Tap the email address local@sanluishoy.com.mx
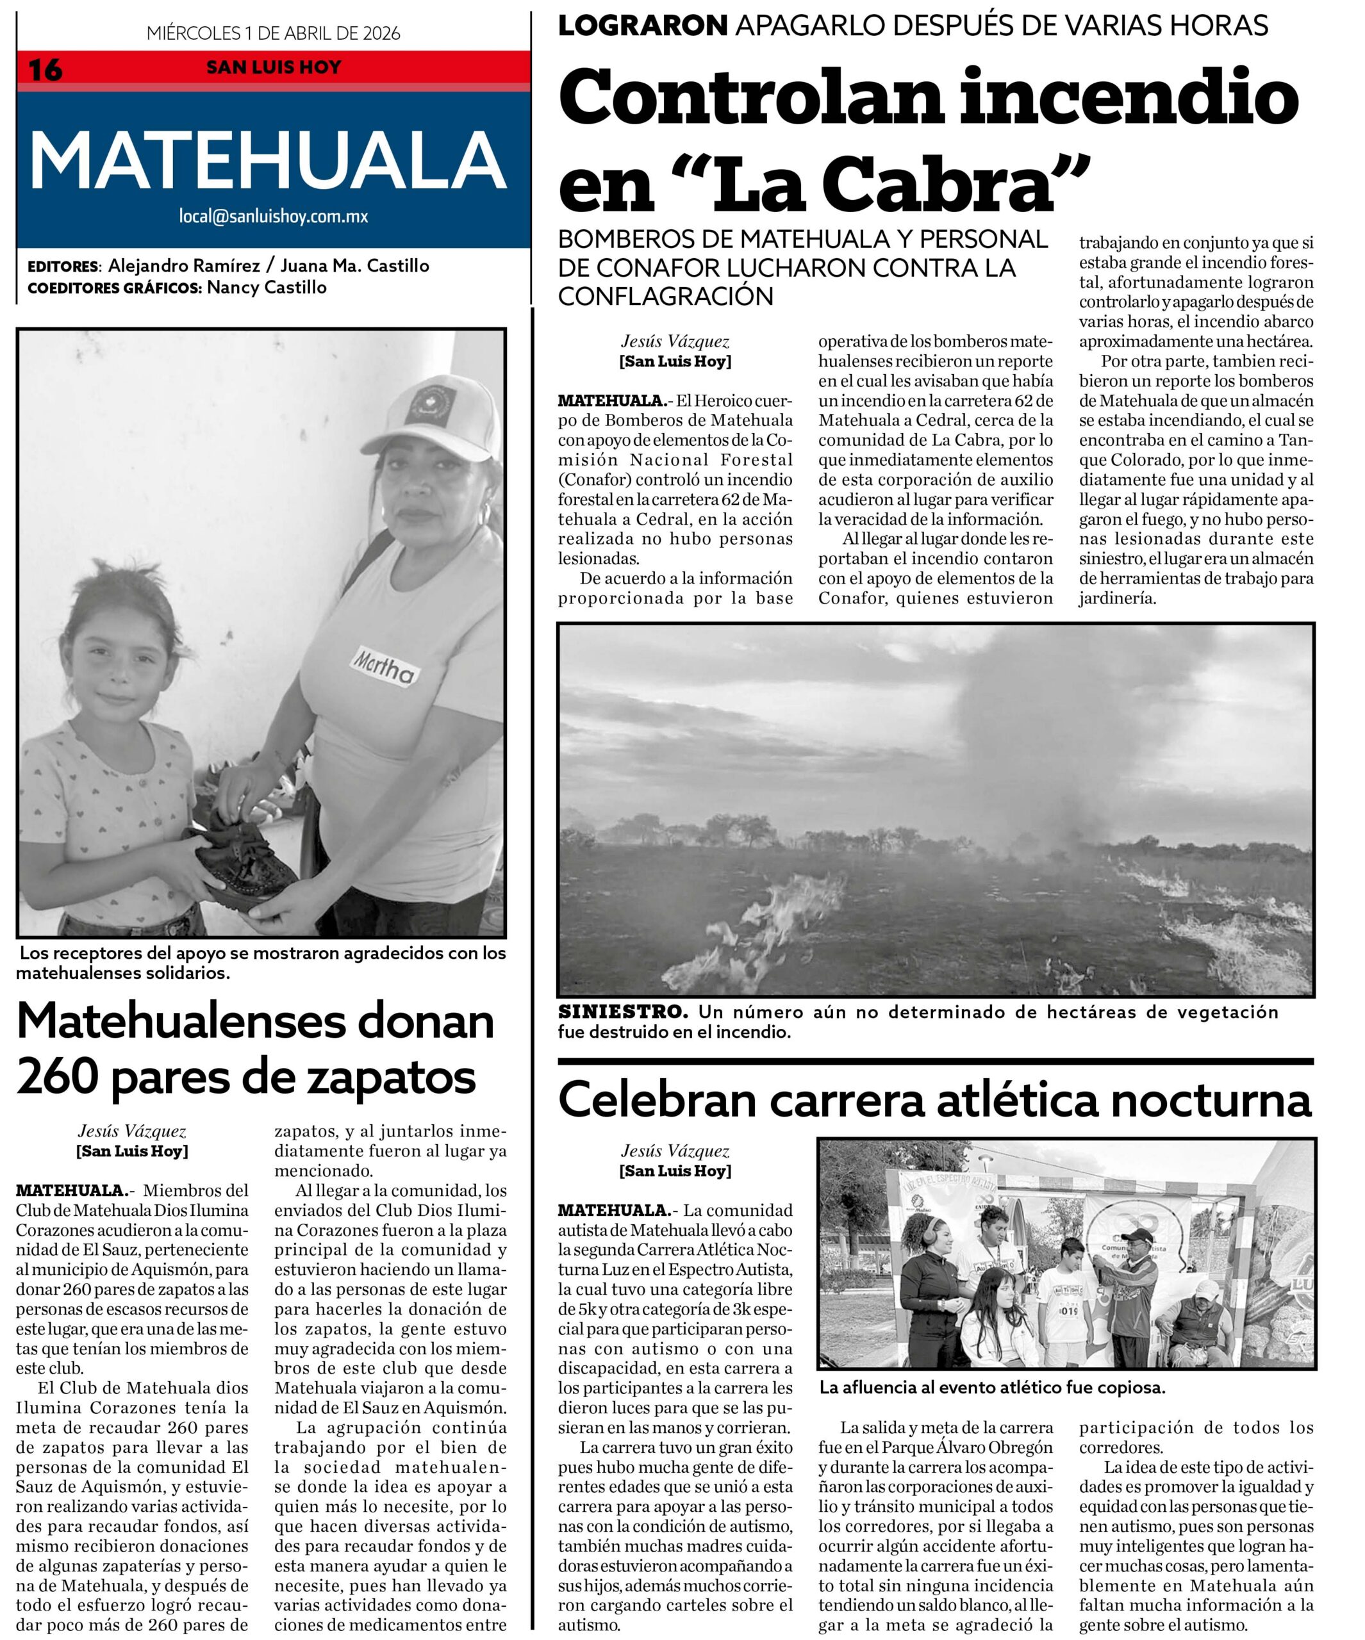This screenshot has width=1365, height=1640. (x=273, y=217)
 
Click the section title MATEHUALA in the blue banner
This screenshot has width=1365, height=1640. (x=268, y=160)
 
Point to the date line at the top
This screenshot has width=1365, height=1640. (x=273, y=33)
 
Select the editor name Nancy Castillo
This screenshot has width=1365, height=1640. (x=267, y=288)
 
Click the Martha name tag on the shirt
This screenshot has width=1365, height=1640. (x=385, y=664)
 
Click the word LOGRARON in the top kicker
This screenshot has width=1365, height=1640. (x=642, y=26)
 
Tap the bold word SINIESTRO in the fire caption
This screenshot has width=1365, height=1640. (x=623, y=1012)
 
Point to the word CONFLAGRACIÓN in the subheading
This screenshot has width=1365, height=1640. (x=665, y=297)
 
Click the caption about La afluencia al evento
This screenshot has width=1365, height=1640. (x=991, y=1388)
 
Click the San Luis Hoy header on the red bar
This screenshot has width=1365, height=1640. (x=273, y=67)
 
